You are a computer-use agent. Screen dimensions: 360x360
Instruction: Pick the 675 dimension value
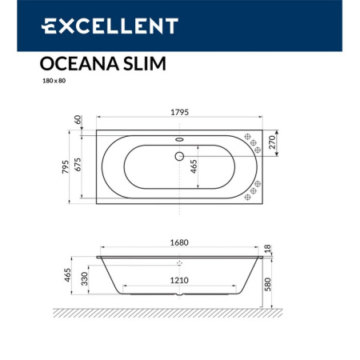[77, 165]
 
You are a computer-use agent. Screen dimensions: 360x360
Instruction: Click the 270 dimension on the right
[272, 143]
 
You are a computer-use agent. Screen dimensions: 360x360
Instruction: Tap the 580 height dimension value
[272, 284]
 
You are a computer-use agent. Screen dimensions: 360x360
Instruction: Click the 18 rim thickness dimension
[272, 250]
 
